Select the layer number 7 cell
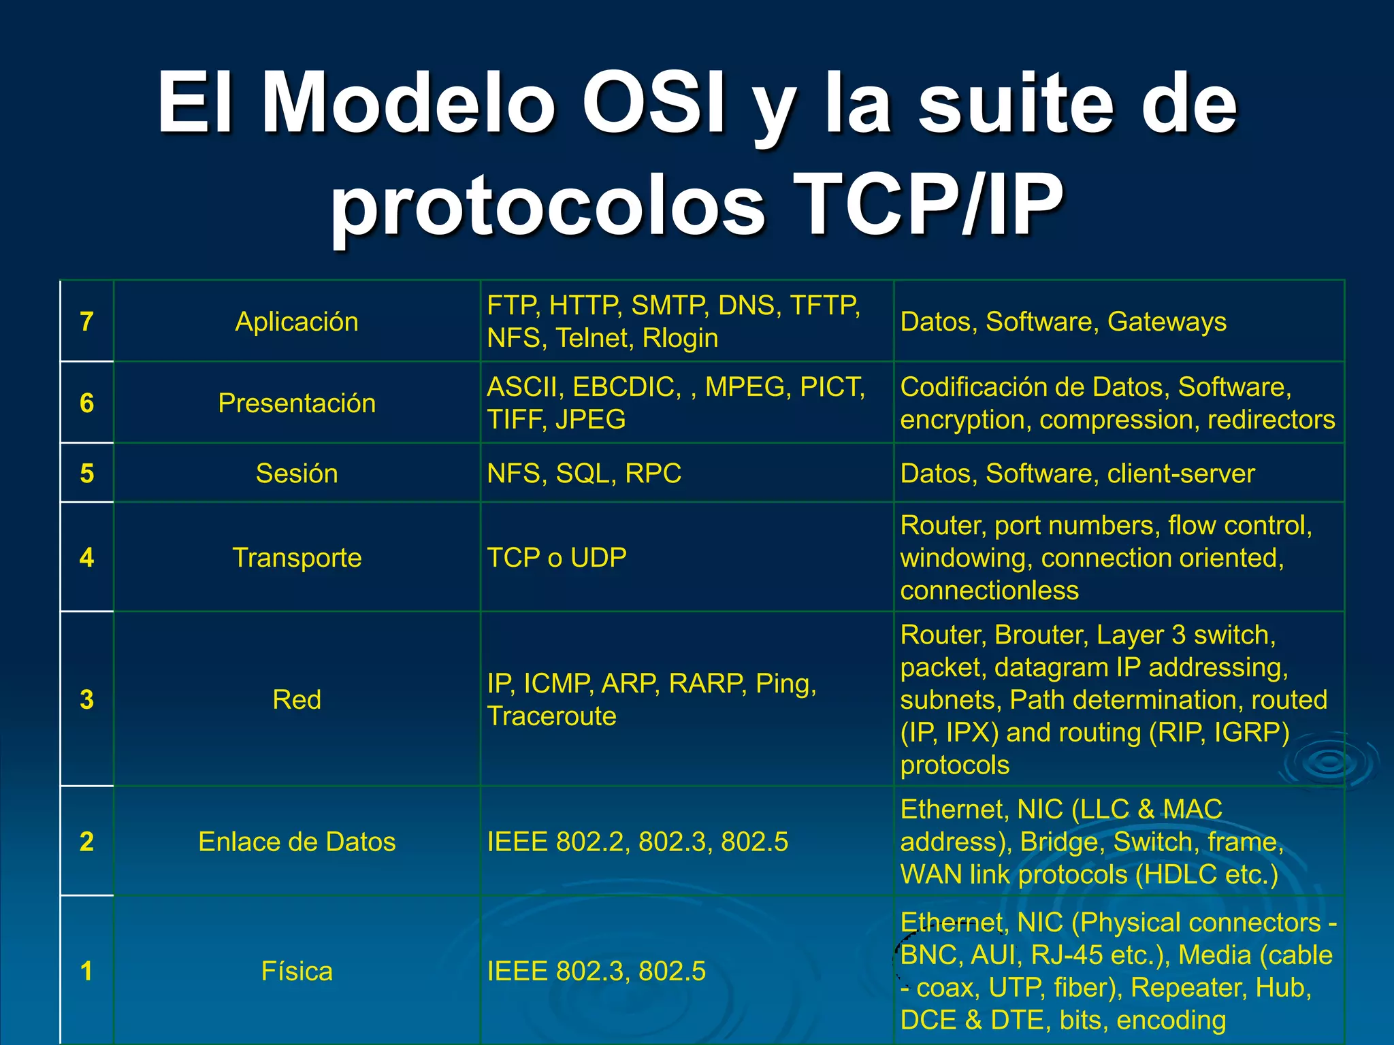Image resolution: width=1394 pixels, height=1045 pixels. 86,321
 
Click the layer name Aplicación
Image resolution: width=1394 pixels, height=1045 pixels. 297,321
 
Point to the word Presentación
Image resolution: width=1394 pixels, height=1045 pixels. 297,403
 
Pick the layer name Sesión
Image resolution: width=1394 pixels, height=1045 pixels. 297,473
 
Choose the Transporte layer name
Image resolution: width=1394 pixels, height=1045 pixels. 297,557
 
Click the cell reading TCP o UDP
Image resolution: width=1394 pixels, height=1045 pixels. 557,557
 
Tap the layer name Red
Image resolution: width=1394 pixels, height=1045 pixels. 297,699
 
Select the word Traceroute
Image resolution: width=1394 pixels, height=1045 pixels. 551,716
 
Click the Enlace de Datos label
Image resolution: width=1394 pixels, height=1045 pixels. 297,842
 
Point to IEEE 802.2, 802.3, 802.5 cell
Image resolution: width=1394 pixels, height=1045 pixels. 637,842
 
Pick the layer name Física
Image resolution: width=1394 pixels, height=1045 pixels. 297,971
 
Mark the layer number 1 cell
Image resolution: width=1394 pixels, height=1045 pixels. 86,971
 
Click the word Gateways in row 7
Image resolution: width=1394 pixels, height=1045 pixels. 1167,321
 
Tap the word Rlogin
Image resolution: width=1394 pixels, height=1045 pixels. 680,338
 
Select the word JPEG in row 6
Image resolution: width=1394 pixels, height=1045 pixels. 590,419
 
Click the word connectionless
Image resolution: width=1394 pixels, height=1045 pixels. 989,590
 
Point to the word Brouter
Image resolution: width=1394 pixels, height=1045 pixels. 1041,634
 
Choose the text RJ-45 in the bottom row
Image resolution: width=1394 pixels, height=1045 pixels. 1067,955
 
